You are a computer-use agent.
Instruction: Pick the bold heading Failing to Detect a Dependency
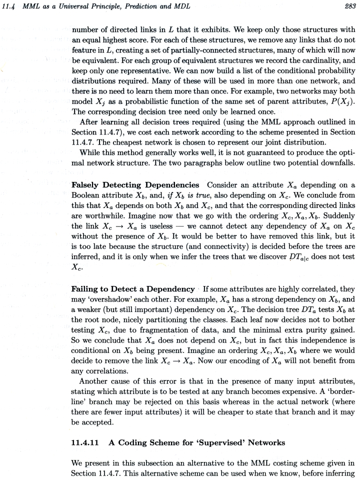[x=133, y=289]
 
